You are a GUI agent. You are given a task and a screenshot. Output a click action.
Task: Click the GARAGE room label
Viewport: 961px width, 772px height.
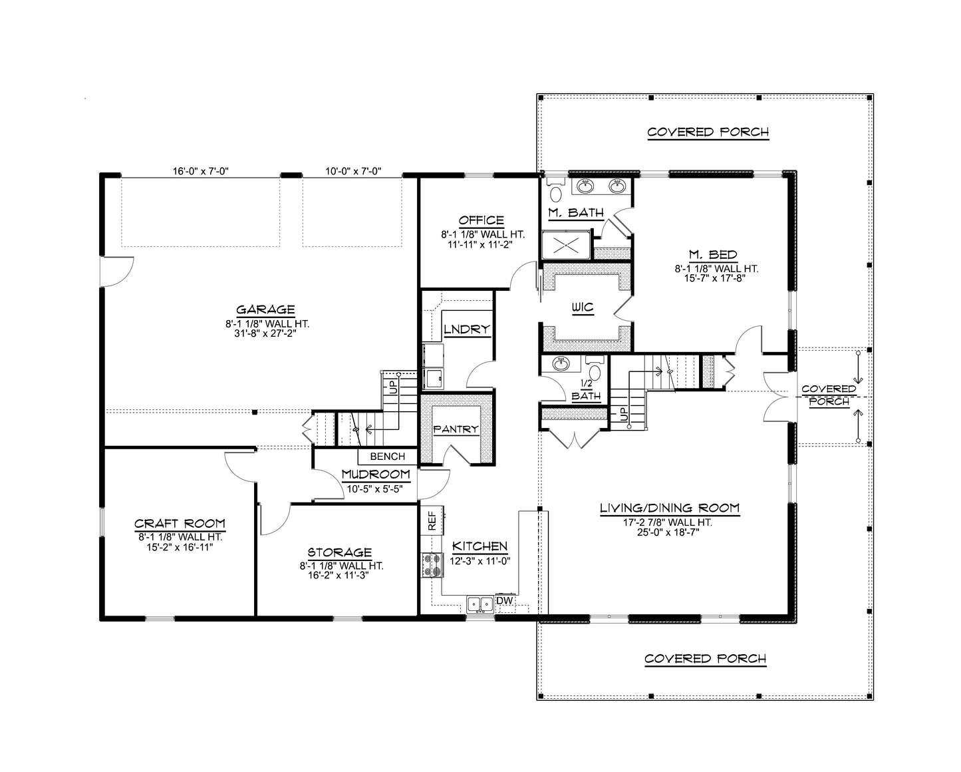(x=265, y=309)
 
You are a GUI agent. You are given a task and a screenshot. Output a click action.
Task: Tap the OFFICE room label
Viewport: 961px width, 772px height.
(x=481, y=220)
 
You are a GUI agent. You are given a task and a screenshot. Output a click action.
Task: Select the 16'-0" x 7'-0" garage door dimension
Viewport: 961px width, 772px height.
(x=200, y=171)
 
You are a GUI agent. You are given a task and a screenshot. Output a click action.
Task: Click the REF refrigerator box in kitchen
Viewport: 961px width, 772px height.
(x=432, y=520)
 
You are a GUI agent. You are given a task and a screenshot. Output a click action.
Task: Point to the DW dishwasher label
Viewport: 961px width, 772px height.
(x=505, y=601)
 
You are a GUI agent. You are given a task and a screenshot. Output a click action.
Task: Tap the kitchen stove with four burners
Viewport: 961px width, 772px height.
(x=432, y=565)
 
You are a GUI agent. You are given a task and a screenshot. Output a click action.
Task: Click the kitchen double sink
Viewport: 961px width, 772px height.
(x=480, y=604)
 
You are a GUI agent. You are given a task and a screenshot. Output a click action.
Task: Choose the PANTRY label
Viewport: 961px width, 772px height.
(x=456, y=429)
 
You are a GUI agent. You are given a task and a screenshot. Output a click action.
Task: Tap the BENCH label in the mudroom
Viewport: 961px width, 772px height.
(x=387, y=457)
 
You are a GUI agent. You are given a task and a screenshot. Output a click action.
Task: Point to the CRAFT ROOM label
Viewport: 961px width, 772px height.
(x=180, y=524)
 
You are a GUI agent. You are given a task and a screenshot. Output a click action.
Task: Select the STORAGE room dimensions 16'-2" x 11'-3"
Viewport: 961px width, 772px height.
(x=340, y=576)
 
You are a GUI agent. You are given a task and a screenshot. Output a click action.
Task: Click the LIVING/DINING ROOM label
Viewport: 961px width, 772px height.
(x=669, y=508)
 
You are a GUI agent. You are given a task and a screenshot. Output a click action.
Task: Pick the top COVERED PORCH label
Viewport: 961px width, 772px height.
(x=708, y=132)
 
